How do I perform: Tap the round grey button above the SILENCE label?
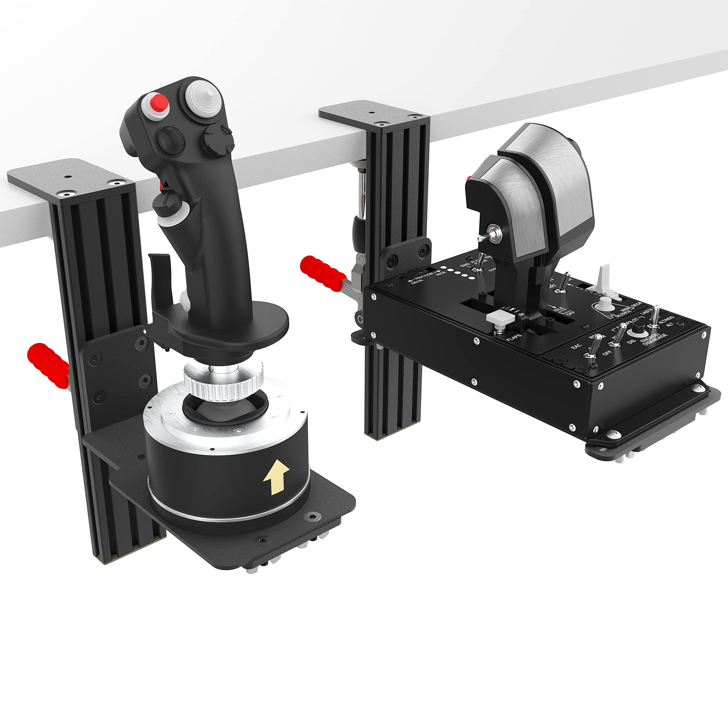click(x=605, y=302)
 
